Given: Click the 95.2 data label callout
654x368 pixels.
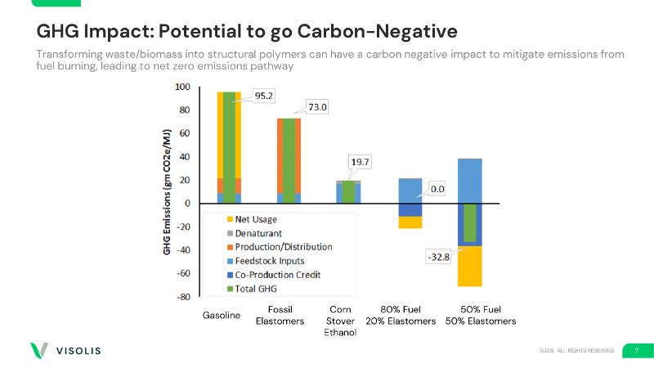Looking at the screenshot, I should [x=263, y=95].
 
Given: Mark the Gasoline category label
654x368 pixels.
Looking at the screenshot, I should [x=221, y=316].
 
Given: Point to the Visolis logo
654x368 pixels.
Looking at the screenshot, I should [x=65, y=351].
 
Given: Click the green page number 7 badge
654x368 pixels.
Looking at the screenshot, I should [x=636, y=350].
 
